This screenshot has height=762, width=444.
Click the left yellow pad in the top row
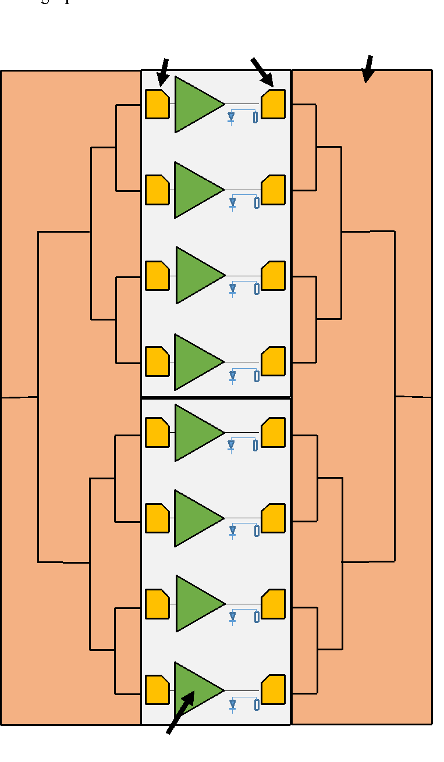click(157, 104)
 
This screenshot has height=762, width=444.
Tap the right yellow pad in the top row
click(273, 104)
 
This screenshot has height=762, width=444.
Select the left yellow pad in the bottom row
click(157, 690)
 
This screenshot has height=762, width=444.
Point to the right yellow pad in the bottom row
click(273, 689)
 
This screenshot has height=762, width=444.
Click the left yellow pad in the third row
click(157, 276)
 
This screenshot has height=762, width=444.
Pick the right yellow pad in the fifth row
click(273, 433)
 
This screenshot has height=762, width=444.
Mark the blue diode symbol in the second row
click(232, 202)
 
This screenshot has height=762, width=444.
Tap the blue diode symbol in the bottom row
click(232, 704)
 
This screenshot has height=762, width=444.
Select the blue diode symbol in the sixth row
click(232, 530)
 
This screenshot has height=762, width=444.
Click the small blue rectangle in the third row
click(257, 289)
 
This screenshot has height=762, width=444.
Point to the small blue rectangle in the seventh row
click(257, 617)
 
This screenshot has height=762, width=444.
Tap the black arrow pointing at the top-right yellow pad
click(267, 77)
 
